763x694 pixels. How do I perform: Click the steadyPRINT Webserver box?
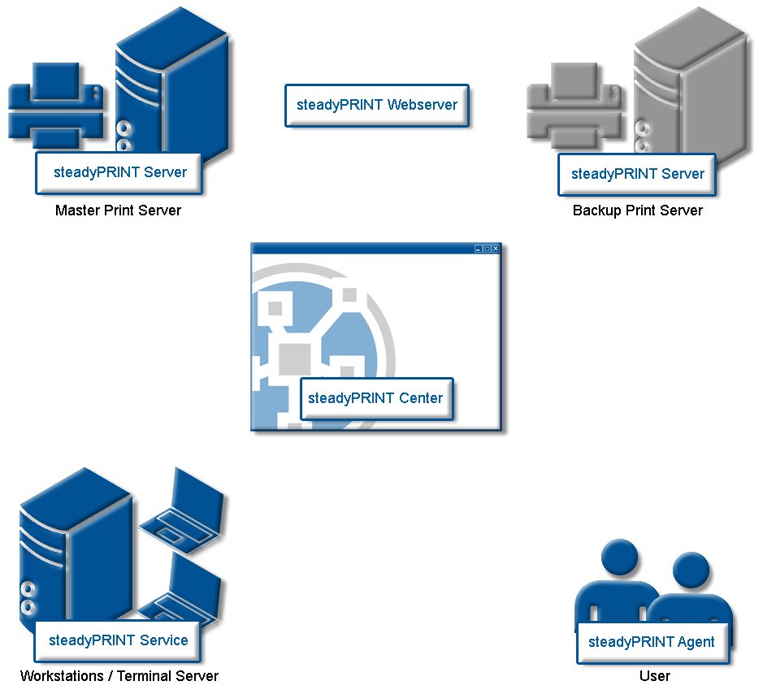point(377,106)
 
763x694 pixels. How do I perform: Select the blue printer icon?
point(56,105)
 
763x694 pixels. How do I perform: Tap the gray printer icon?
point(574,105)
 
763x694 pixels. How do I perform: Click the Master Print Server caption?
point(119,210)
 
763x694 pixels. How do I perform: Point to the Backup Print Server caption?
point(637,210)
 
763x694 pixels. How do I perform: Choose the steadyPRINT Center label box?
point(377,398)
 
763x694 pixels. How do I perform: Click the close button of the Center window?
point(496,249)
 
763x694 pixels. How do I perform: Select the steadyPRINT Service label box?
point(118,641)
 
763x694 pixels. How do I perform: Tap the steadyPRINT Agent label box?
point(652,643)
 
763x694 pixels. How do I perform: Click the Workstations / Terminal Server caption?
point(119,676)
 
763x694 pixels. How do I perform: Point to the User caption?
point(654,676)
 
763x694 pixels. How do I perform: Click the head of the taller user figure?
point(619,557)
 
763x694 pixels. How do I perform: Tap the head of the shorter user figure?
point(691,570)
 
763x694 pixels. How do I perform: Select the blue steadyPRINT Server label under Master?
point(119,173)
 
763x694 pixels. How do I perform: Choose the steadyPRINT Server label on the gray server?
point(637,175)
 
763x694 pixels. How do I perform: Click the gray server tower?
point(691,88)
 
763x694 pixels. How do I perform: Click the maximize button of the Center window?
point(487,249)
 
